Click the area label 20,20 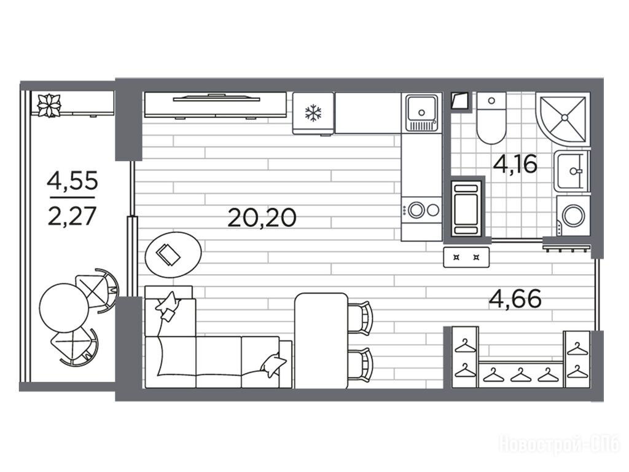pyautogui.click(x=262, y=218)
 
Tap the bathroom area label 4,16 pyautogui.click(x=515, y=163)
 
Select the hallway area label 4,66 pyautogui.click(x=515, y=299)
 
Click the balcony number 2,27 pyautogui.click(x=72, y=216)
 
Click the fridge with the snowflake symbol pyautogui.click(x=313, y=114)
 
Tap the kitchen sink pyautogui.click(x=421, y=113)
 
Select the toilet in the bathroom pyautogui.click(x=491, y=118)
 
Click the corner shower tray pyautogui.click(x=563, y=119)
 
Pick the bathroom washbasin pyautogui.click(x=572, y=171)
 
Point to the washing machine pyautogui.click(x=573, y=216)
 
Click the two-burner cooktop pyautogui.click(x=421, y=210)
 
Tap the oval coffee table pyautogui.click(x=173, y=254)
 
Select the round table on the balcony pyautogui.click(x=64, y=307)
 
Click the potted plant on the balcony pyautogui.click(x=49, y=105)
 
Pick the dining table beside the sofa pyautogui.click(x=321, y=340)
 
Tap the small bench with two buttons pyautogui.click(x=466, y=258)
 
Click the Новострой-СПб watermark pyautogui.click(x=559, y=445)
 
